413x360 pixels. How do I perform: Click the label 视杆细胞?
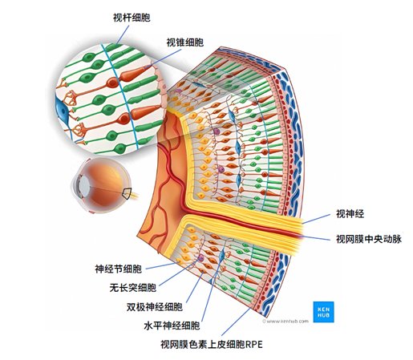coord(132,18)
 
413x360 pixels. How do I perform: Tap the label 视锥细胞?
coord(185,42)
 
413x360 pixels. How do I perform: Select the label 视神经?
coord(350,214)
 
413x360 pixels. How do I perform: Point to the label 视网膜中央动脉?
coord(369,239)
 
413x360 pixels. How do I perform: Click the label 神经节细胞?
coord(119,269)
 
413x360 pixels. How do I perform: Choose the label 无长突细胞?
coord(133,288)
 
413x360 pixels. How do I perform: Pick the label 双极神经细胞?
coord(155,307)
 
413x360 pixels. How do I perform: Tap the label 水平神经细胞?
coord(172,326)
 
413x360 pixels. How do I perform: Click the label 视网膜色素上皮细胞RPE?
coord(212,344)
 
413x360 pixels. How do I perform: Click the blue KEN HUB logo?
coord(323,312)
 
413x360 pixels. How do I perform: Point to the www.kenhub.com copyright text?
coord(285,321)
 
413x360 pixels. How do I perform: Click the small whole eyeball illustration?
coord(102,185)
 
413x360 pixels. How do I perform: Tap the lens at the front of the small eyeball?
coord(84,185)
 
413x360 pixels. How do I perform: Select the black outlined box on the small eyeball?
coord(127,194)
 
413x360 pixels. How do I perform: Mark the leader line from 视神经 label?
coord(317,219)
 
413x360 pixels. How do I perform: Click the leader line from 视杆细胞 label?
coord(123,35)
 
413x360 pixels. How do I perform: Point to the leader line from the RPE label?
coord(237,322)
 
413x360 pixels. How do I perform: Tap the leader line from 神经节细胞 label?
coord(161,265)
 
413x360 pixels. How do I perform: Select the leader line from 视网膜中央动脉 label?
coord(316,237)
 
